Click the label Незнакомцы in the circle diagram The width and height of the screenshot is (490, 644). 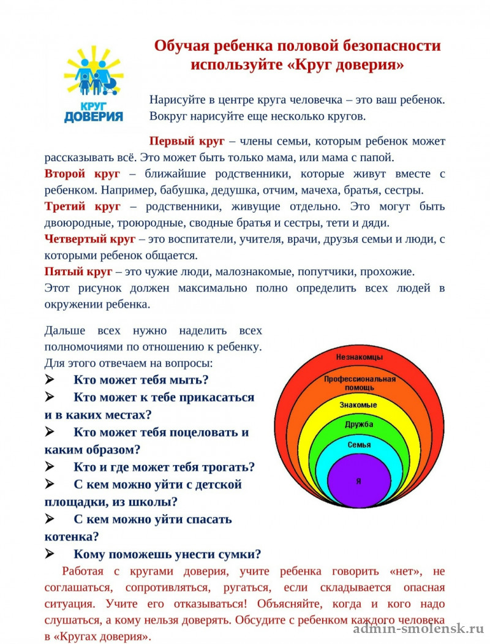coord(360,357)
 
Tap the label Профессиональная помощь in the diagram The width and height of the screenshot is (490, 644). coord(360,383)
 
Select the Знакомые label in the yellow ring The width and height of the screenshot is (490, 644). coord(359,405)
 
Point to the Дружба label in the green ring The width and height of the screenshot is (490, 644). coord(359,424)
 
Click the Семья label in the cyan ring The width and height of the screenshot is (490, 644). coord(359,444)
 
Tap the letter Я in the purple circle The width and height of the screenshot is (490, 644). coord(358,481)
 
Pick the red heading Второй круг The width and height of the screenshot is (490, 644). coord(82,173)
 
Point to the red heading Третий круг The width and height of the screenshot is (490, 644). coord(82,206)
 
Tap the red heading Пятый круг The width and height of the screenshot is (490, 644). coord(78,271)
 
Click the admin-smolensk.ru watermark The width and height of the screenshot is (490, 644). coord(418,629)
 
